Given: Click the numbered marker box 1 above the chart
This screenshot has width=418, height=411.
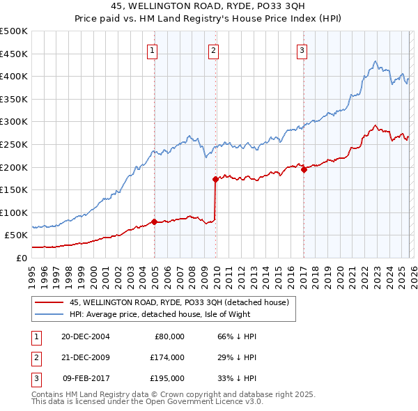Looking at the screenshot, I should point(152,49).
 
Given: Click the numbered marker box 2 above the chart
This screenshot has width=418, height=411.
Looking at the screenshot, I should point(212,49).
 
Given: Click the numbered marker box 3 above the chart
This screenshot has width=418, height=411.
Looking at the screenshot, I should point(302,49).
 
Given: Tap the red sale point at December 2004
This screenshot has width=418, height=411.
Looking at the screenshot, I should point(154,222).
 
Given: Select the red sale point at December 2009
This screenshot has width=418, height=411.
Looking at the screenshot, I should point(215,179).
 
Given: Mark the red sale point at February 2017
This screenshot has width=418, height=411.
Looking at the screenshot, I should point(304,169).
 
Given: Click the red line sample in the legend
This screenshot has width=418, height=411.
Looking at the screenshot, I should point(49,302).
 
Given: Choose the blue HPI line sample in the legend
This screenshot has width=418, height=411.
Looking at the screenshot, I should point(49,314).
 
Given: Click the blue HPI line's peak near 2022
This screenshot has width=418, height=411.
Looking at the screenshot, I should point(376,62).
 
